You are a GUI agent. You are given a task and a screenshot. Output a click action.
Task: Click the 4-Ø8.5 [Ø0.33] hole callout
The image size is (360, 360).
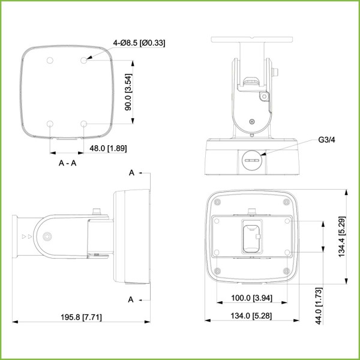click(x=139, y=43)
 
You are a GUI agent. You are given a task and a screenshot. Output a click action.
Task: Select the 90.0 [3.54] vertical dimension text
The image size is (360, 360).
click(x=128, y=91)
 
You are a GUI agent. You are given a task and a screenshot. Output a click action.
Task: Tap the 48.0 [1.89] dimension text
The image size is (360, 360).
click(x=107, y=148)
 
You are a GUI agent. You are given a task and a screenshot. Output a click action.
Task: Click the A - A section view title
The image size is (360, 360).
click(x=67, y=163)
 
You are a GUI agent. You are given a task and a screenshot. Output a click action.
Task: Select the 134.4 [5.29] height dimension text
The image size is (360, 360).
click(x=341, y=237)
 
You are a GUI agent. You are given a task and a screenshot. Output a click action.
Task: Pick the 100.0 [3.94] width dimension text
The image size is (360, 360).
click(x=251, y=298)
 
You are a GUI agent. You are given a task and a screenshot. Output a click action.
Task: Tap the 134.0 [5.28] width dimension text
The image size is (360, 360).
click(x=251, y=316)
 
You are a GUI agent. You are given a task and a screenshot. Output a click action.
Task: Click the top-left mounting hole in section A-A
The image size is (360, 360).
click(x=50, y=61)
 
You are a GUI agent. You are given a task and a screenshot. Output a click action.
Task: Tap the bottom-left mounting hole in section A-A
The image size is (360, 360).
click(x=50, y=124)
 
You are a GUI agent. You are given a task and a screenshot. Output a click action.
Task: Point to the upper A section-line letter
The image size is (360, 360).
click(x=132, y=173)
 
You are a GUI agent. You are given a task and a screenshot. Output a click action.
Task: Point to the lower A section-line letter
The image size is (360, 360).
click(x=132, y=298)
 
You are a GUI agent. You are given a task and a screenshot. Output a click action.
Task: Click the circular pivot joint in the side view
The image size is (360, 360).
click(x=46, y=236)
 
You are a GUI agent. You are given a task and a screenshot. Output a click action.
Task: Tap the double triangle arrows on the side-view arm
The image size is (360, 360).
click(x=25, y=237)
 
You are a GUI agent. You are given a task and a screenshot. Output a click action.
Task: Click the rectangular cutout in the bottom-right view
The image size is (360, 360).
click(x=252, y=236)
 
